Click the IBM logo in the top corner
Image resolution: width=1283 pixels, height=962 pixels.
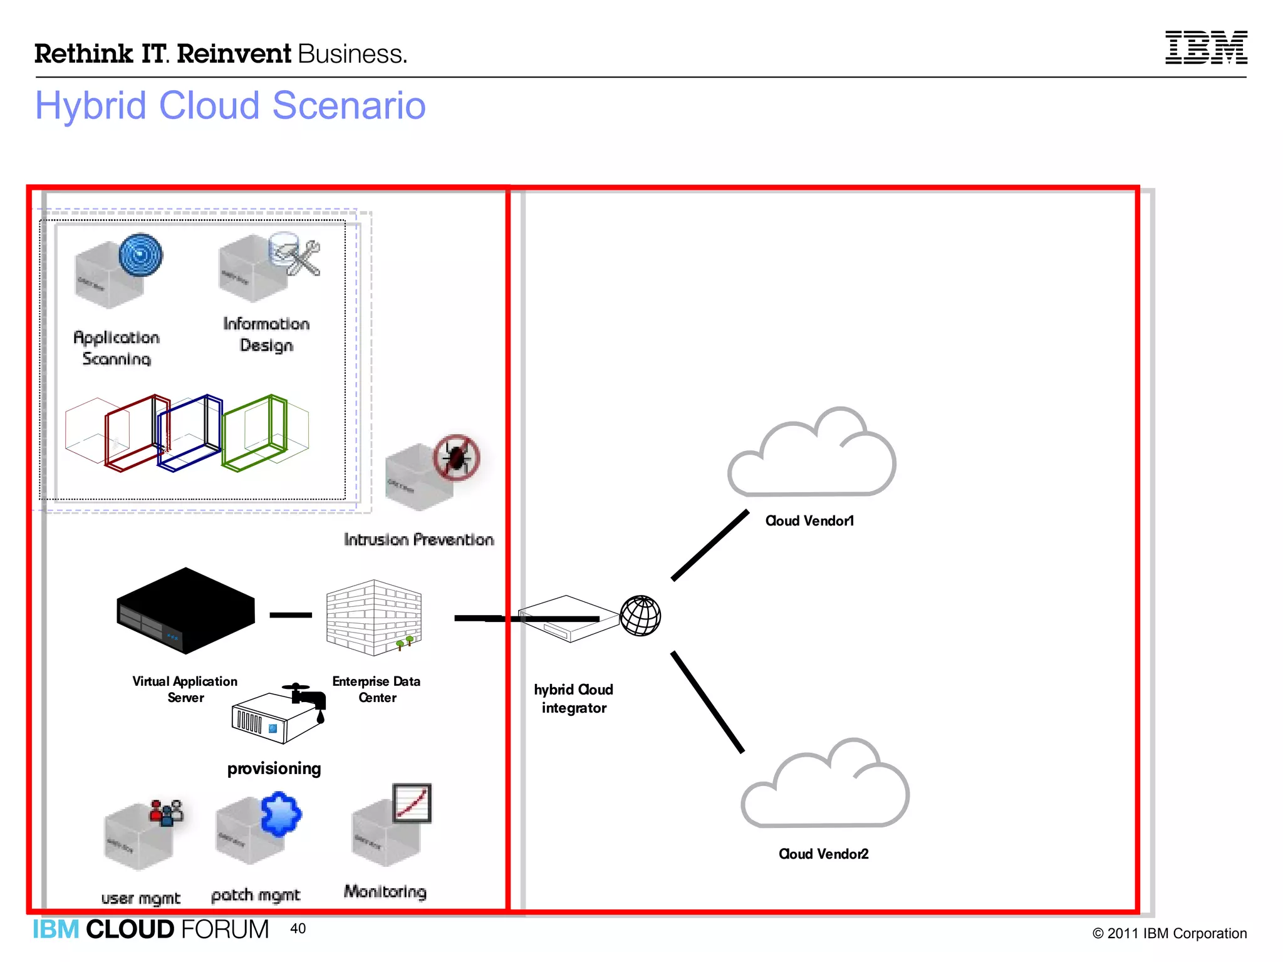1205,47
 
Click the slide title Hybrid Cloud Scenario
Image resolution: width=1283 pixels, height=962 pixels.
230,105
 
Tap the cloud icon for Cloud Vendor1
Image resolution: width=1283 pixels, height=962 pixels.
812,453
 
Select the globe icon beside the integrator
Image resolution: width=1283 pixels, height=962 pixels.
640,616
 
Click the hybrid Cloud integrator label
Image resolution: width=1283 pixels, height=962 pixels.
573,698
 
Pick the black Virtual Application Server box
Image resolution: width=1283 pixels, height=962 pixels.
185,611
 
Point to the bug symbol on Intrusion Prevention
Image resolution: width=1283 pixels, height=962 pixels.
457,458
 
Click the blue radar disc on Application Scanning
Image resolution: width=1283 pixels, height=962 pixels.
141,255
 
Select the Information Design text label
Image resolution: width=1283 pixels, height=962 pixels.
266,334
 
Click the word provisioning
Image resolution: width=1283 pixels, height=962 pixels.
274,768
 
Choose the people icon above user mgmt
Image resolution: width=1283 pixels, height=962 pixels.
166,812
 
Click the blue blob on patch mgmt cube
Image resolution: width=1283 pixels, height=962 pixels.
281,814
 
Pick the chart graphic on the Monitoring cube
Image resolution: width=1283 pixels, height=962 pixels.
412,803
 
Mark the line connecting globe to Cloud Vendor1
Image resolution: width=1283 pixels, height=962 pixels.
710,546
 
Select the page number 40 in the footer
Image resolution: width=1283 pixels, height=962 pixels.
298,928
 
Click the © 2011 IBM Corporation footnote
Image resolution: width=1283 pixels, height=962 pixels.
1169,933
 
